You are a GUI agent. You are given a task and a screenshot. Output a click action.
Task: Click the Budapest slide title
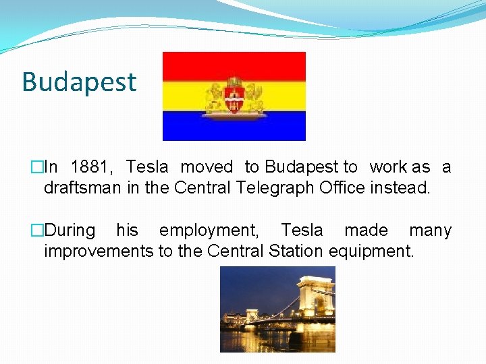pos(79,82)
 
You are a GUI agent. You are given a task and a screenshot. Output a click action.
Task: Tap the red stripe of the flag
pos(234,65)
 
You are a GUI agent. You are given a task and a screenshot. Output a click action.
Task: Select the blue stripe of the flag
pos(234,126)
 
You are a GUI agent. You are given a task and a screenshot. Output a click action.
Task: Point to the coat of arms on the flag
pos(234,96)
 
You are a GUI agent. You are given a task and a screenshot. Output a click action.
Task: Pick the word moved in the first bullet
pos(207,167)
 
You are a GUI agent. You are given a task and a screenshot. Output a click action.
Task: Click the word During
pos(70,231)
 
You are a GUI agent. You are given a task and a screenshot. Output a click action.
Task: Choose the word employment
pos(209,231)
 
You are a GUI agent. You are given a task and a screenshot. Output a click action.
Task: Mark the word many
pos(430,231)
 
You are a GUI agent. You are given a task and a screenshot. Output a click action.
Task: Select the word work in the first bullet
pos(388,167)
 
